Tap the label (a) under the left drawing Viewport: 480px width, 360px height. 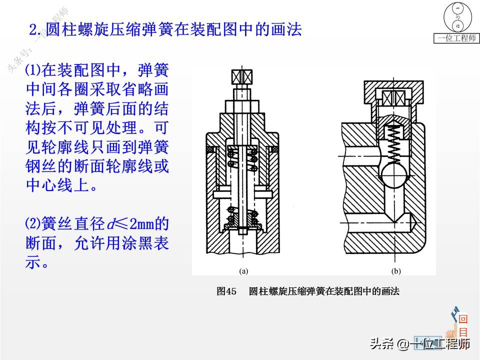coord(243,271)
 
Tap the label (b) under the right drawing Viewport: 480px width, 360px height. coord(396,271)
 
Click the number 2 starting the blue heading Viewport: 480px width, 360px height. coord(34,30)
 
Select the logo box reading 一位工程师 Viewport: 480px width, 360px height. coord(457,38)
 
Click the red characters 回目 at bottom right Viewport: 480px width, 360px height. coord(463,326)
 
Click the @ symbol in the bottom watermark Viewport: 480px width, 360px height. coord(402,344)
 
